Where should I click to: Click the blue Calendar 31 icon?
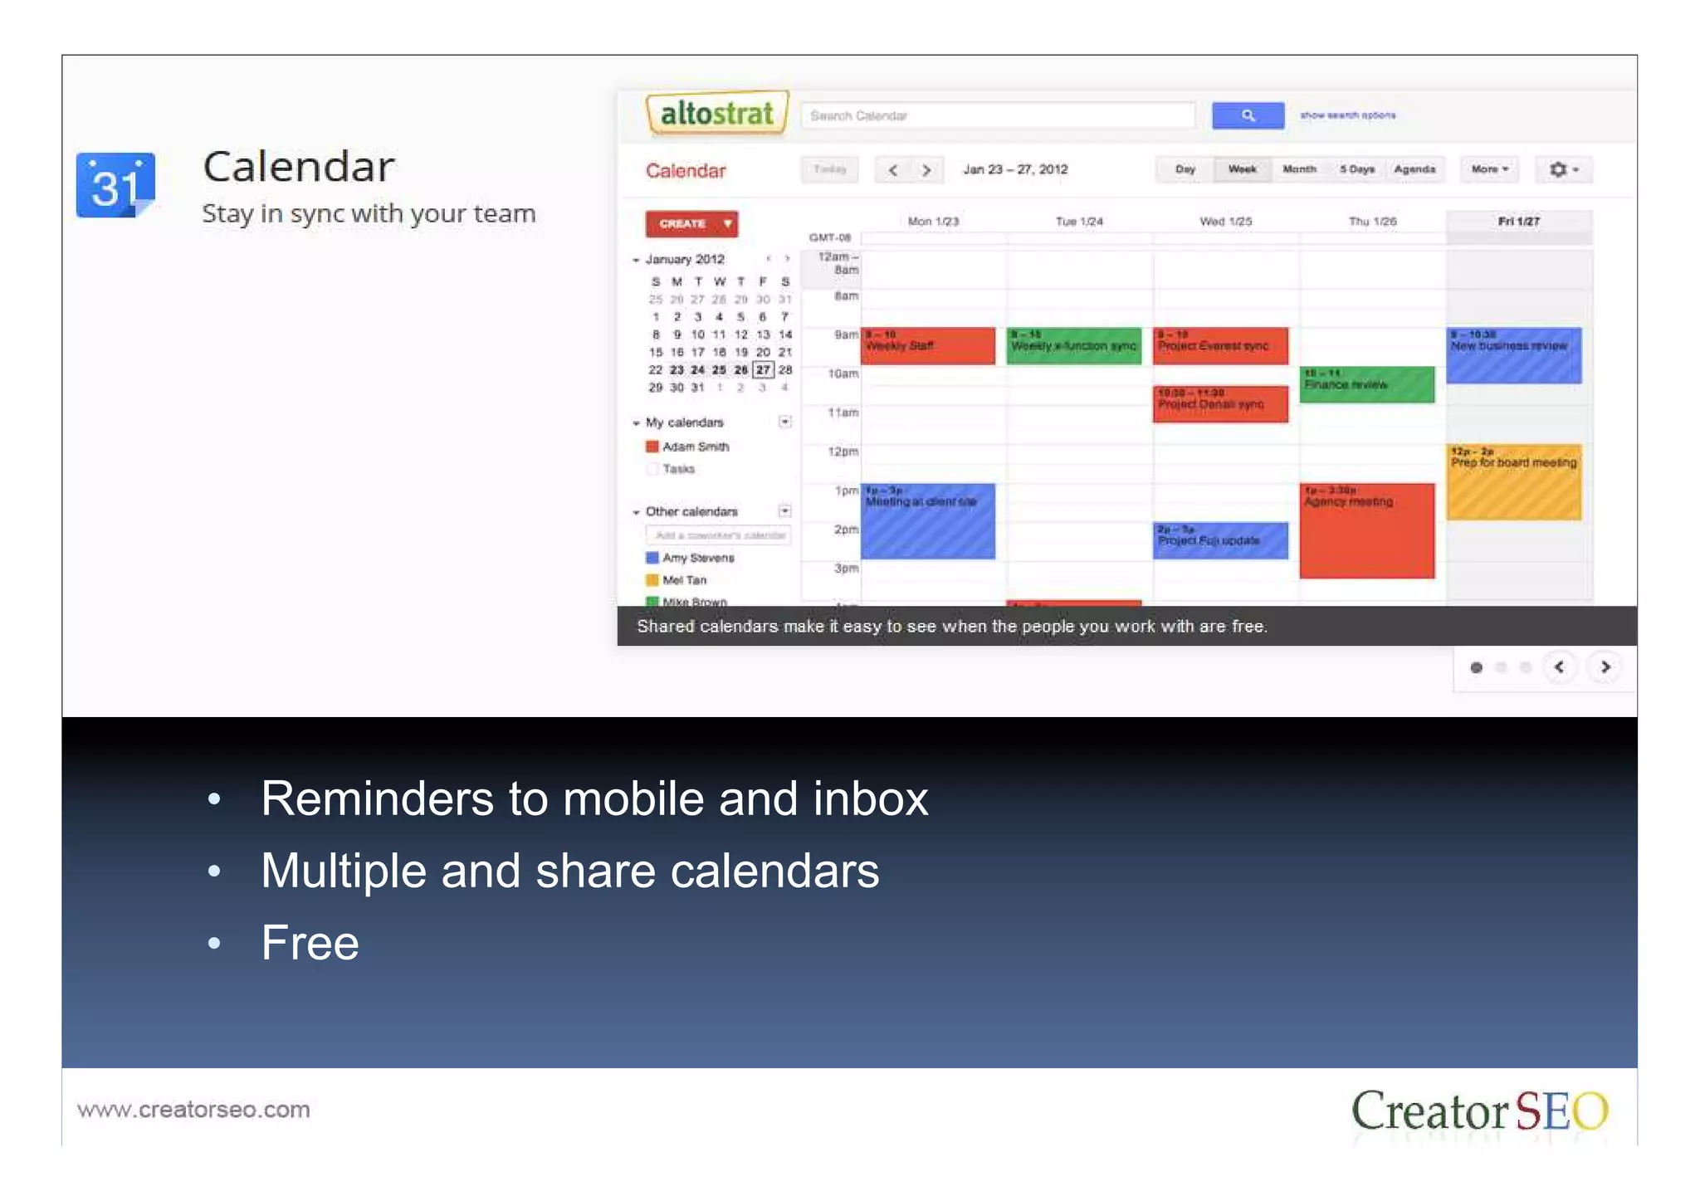[x=115, y=185]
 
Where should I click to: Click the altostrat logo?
[x=716, y=114]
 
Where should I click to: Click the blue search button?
[x=1247, y=115]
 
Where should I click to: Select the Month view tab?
[x=1299, y=169]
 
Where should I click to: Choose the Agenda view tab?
[x=1414, y=169]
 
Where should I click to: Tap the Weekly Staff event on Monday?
[x=928, y=346]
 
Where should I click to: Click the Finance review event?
[x=1366, y=385]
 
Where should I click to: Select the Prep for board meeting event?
[x=1513, y=482]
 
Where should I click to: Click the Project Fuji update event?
[x=1220, y=540]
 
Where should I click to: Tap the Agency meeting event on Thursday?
[x=1366, y=531]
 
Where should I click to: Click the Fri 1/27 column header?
[x=1518, y=222]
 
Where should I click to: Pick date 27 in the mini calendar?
[x=763, y=370]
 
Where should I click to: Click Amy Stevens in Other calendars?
[x=698, y=558]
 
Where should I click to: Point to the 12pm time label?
[x=843, y=452]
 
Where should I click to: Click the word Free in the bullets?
[x=310, y=943]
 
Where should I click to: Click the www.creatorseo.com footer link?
[x=193, y=1110]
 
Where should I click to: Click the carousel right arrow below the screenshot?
[x=1605, y=667]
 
